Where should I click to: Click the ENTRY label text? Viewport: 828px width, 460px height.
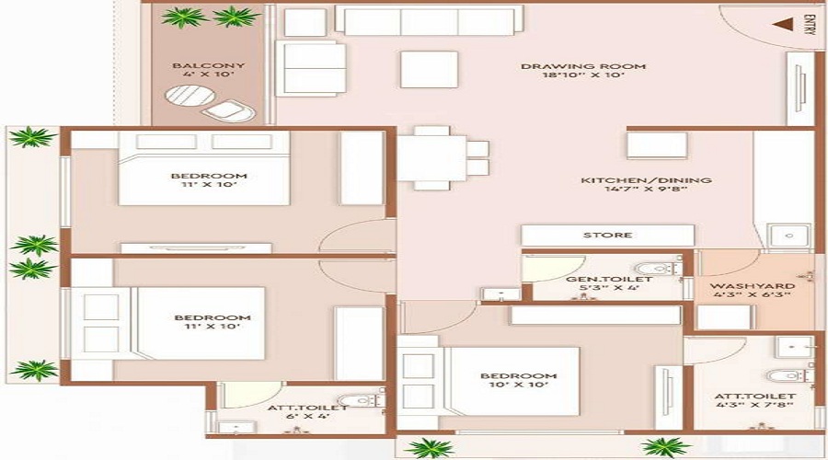[808, 25]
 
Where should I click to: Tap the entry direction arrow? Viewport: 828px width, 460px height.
[783, 24]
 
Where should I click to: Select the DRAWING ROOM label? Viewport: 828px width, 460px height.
[583, 66]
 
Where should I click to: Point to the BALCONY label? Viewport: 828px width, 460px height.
[209, 65]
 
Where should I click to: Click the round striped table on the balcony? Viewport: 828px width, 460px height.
[190, 96]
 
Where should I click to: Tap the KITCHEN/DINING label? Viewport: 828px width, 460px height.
[647, 180]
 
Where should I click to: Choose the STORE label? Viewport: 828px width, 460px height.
[607, 235]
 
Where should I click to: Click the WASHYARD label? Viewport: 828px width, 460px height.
[753, 286]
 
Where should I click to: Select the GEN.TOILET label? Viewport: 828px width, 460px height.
[609, 279]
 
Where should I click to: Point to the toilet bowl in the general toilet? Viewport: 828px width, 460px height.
[656, 269]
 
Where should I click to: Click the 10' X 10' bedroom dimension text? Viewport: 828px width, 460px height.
[518, 385]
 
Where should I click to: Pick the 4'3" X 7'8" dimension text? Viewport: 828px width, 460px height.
[755, 405]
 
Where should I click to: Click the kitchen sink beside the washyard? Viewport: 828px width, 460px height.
[789, 236]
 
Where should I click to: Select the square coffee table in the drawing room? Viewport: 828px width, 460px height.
[429, 69]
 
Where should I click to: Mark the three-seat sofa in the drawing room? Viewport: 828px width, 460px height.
[430, 20]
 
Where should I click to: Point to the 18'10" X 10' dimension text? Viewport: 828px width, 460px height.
[583, 75]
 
